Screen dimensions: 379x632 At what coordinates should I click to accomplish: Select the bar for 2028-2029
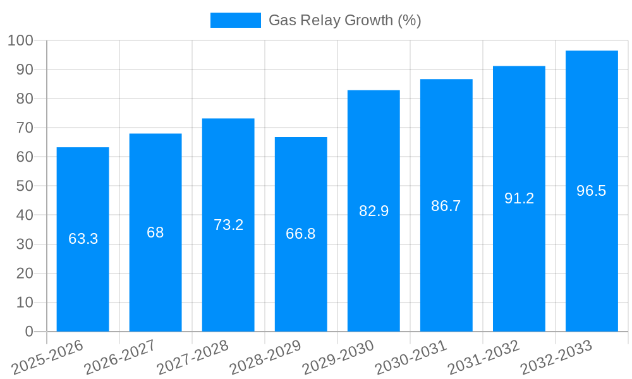[301, 284]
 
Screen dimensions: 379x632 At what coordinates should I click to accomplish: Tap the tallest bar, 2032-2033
[592, 253]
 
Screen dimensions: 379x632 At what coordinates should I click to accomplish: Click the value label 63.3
[83, 239]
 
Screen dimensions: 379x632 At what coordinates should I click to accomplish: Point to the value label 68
[155, 232]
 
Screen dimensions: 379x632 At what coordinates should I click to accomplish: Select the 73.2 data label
[228, 225]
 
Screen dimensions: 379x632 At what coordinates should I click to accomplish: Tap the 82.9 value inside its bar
[374, 211]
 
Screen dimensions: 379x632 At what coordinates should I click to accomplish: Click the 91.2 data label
[519, 198]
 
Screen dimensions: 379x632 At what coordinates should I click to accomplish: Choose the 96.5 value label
[592, 191]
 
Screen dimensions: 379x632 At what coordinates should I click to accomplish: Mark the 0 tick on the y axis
[28, 332]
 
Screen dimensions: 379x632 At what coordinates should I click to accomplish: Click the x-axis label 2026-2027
[121, 356]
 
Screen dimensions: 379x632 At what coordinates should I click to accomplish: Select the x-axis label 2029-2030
[339, 356]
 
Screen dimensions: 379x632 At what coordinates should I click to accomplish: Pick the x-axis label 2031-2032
[484, 356]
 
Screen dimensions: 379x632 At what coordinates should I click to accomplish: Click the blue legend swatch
[235, 20]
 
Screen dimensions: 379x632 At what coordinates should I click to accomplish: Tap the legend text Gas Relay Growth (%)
[344, 20]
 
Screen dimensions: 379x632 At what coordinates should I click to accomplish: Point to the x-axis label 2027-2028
[193, 356]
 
